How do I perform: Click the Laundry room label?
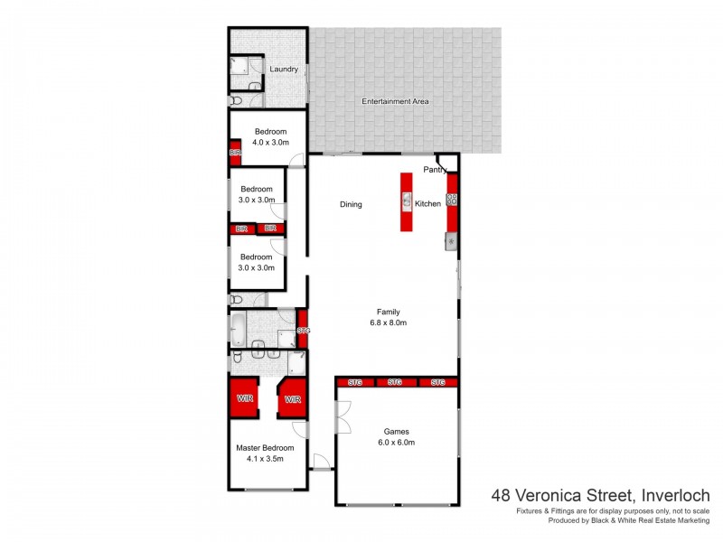pos(284,69)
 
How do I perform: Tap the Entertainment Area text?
pos(395,101)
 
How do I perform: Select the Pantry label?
pos(436,170)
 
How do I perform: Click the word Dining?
pos(351,204)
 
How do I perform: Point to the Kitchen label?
pos(427,204)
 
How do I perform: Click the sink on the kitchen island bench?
pos(407,201)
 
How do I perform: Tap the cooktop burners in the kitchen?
pos(452,200)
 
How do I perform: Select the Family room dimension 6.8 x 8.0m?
pos(389,322)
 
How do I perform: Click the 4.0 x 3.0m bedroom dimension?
pos(269,142)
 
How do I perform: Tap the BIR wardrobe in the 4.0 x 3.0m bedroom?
pos(235,154)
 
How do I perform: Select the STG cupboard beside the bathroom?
pos(303,331)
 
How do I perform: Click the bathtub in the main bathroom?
pos(237,328)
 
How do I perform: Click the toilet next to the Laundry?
pos(234,101)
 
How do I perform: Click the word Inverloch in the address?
pos(675,495)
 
